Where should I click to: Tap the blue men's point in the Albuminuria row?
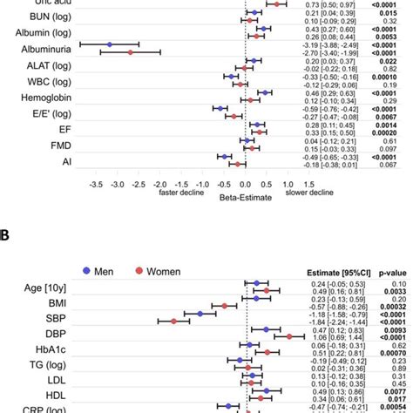(110, 44)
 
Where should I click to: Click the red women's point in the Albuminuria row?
(131, 53)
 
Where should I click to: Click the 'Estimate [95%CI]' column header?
(335, 273)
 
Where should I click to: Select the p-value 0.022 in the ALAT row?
(390, 62)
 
